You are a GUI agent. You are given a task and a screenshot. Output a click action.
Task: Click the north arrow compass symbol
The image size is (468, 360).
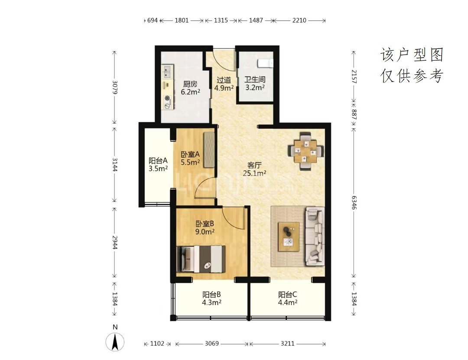click(x=115, y=341)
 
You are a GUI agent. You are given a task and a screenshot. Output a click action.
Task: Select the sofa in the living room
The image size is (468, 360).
click(x=315, y=236)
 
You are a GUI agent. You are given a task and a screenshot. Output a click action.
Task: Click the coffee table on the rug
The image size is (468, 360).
click(x=289, y=237)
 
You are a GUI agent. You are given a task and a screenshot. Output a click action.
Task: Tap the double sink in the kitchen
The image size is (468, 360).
click(x=167, y=72)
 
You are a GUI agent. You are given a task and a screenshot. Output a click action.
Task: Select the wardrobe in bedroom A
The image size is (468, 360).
click(x=209, y=149)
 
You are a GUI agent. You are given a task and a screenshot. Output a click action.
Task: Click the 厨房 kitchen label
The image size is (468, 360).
click(x=190, y=84)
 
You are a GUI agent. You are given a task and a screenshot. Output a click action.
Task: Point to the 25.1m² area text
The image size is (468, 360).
click(x=254, y=173)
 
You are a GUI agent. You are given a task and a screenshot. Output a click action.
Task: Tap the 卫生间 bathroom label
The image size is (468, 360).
click(x=255, y=79)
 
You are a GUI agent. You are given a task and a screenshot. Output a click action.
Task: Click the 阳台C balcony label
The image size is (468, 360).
click(x=287, y=295)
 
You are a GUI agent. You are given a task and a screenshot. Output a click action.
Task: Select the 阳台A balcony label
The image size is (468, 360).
click(x=158, y=161)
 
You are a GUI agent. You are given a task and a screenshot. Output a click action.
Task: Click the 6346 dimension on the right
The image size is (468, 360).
click(x=354, y=202)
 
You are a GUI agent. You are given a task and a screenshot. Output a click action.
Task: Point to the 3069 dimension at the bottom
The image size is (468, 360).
click(x=211, y=344)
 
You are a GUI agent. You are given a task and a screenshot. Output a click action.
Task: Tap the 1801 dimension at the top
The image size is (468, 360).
click(x=182, y=20)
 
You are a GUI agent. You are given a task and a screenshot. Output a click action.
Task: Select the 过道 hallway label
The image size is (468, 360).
click(x=224, y=80)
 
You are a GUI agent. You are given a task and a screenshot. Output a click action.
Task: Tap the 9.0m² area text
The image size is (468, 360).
click(x=205, y=232)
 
